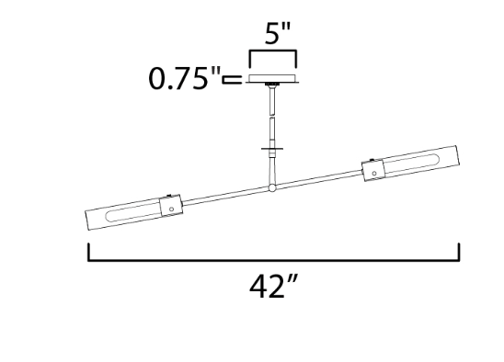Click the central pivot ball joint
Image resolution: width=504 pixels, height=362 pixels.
pos(272,189)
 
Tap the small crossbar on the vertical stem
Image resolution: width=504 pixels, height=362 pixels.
pos(273,147)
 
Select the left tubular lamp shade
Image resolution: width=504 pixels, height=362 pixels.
pos(124,214)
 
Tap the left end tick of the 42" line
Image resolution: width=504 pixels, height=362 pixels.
pos(88,252)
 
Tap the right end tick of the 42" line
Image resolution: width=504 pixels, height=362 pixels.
pos(459,252)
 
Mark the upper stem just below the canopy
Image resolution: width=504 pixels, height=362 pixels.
pos(273,96)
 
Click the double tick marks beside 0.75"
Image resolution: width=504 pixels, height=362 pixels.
pos(232,80)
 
